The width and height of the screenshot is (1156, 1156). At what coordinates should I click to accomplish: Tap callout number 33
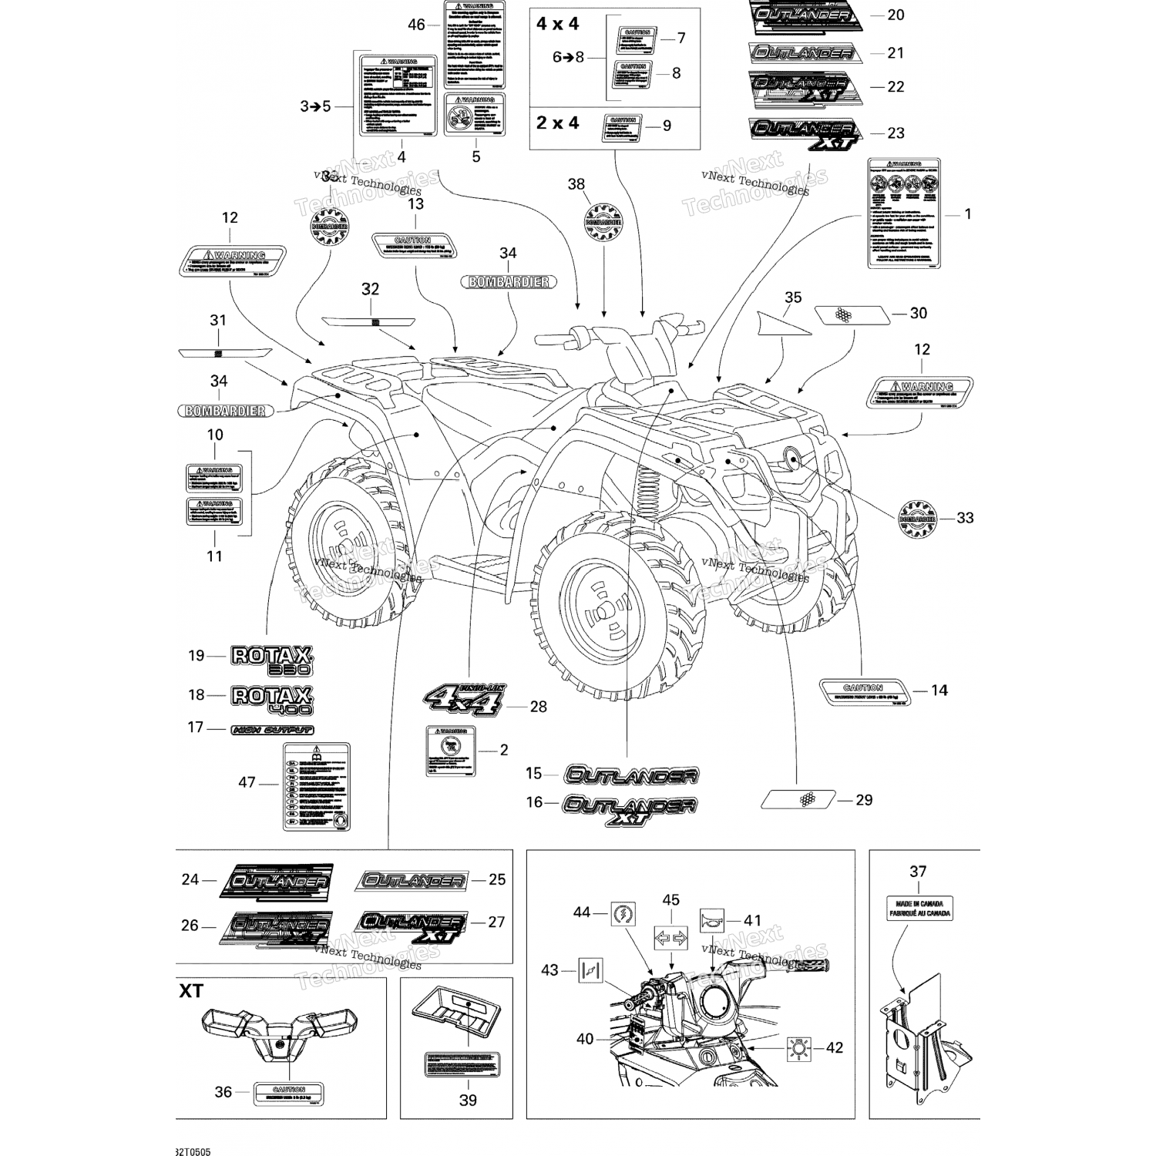pos(965,518)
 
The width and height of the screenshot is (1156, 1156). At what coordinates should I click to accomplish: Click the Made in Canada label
pos(918,908)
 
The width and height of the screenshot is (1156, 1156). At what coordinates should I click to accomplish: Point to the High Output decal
pos(273,730)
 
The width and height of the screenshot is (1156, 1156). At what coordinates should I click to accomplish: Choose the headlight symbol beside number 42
pos(799,1048)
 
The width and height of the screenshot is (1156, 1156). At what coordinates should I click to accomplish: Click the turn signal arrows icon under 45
pos(670,938)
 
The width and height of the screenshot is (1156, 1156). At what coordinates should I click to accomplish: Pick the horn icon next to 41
pos(711,920)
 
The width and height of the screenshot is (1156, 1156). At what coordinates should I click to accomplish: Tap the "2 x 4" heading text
pos(558,123)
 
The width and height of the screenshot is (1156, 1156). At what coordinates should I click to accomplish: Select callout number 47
pos(247,782)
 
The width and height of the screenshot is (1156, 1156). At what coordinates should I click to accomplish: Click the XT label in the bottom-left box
pos(191,991)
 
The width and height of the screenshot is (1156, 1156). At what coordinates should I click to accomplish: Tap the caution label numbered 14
pos(864,692)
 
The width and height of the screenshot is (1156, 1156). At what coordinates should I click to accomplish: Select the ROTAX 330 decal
pos(272,660)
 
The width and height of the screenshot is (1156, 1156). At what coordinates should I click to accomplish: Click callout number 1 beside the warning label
pos(968,213)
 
